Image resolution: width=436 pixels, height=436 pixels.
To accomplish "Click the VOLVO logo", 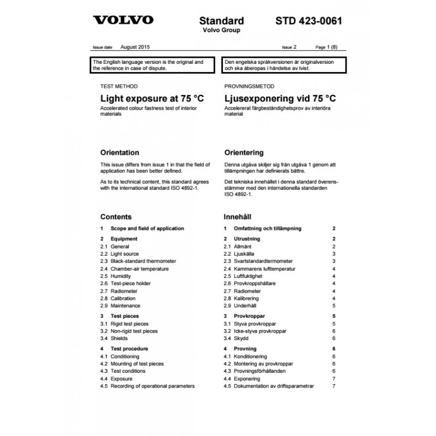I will click(x=123, y=21).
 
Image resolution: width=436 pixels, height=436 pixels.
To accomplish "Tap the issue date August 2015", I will click(x=137, y=48).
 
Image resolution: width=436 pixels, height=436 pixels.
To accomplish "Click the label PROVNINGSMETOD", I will click(x=249, y=87).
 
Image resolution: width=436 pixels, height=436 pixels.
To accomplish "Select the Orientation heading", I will click(x=120, y=153).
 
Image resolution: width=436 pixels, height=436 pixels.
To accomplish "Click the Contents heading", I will click(x=116, y=216).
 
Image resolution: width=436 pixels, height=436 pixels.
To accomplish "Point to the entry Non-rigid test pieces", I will click(x=134, y=331).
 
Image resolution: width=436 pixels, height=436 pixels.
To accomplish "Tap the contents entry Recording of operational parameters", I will click(x=152, y=386).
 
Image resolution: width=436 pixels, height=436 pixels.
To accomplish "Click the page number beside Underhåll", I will click(x=334, y=306).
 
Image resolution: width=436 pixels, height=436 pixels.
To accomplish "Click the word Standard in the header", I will click(x=222, y=21).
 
